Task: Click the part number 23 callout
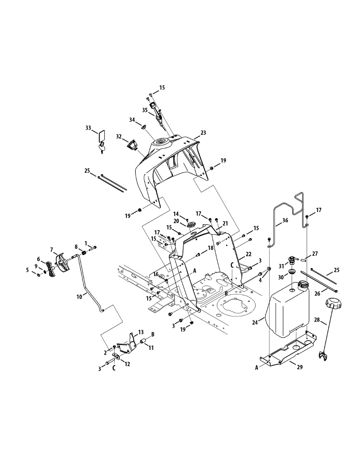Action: tap(203, 133)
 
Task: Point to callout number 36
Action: tap(285, 220)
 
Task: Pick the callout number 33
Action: tap(88, 127)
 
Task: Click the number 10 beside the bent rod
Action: tap(79, 296)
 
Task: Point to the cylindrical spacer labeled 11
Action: tap(143, 342)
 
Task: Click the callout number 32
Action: tap(119, 136)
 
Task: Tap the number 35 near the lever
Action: tap(144, 110)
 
